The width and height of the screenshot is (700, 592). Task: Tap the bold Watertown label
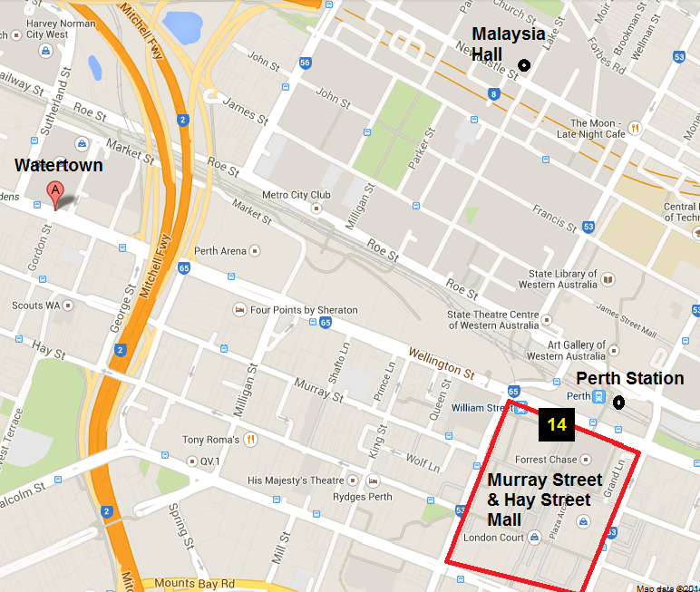[x=58, y=166]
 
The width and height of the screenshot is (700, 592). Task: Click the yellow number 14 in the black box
[x=556, y=424]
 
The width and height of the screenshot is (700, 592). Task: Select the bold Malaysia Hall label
[x=508, y=44]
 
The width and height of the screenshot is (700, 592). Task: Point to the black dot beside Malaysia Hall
[x=523, y=64]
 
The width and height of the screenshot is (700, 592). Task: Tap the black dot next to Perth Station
[x=619, y=402]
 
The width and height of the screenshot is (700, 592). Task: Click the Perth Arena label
[x=220, y=250]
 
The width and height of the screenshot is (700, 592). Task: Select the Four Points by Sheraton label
[x=304, y=310]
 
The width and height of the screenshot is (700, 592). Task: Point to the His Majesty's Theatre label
[x=295, y=480]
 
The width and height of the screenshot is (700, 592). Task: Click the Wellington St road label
[x=441, y=362]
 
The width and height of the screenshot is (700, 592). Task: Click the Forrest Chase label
[x=546, y=460]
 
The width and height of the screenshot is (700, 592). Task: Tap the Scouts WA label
[x=35, y=306]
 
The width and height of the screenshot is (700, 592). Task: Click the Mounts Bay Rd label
[x=194, y=583]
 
